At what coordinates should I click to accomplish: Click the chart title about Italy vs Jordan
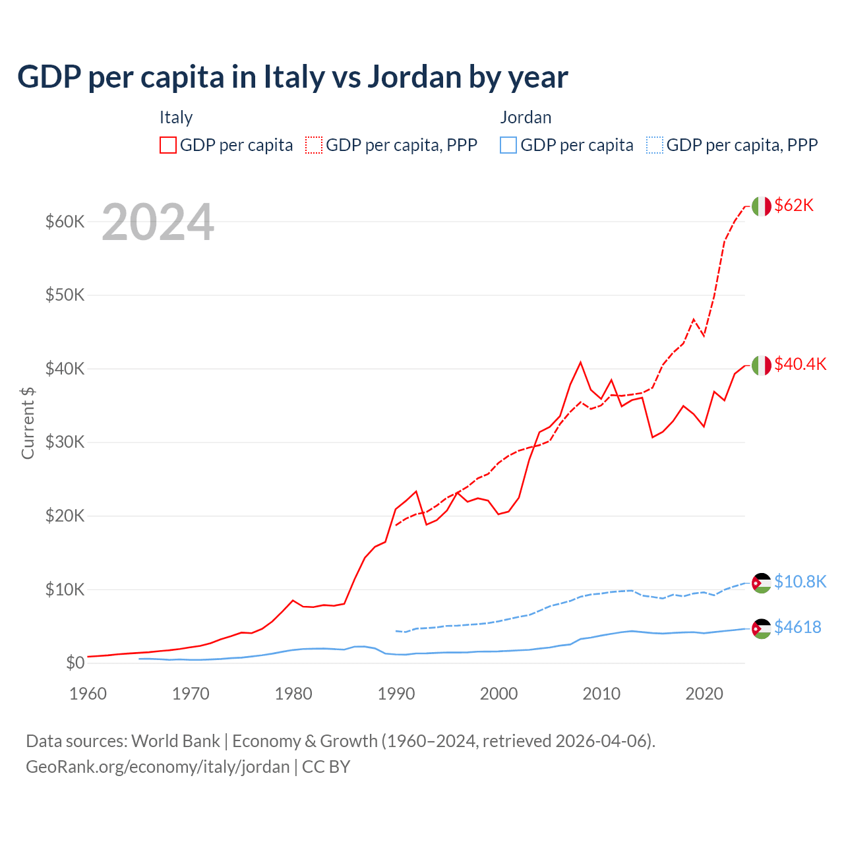pos(292,77)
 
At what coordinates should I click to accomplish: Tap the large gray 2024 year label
pos(158,222)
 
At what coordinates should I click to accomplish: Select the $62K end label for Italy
pos(794,205)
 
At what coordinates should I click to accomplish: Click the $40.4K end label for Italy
pos(800,364)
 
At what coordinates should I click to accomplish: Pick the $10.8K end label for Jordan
pos(800,582)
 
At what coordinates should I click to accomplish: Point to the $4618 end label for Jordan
pos(798,627)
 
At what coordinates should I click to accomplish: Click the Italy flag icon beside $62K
pos(762,206)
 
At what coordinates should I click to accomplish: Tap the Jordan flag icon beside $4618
pos(762,628)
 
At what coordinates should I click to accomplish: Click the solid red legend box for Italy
pos(168,145)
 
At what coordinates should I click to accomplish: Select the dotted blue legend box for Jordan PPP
pos(655,145)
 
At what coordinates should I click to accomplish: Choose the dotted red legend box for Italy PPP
pos(314,145)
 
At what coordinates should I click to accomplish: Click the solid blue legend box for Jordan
pos(508,145)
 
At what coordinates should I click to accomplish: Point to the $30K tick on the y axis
pos(65,442)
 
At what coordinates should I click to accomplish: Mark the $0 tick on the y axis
pos(75,663)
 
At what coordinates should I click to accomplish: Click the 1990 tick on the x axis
pos(396,694)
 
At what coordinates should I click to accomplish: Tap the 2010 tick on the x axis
pos(601,694)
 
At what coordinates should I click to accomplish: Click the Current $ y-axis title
pos(28,423)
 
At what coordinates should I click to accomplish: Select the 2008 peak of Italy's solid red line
pos(580,362)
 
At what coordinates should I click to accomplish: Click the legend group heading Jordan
pos(526,117)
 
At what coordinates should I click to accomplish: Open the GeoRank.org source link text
pos(158,767)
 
